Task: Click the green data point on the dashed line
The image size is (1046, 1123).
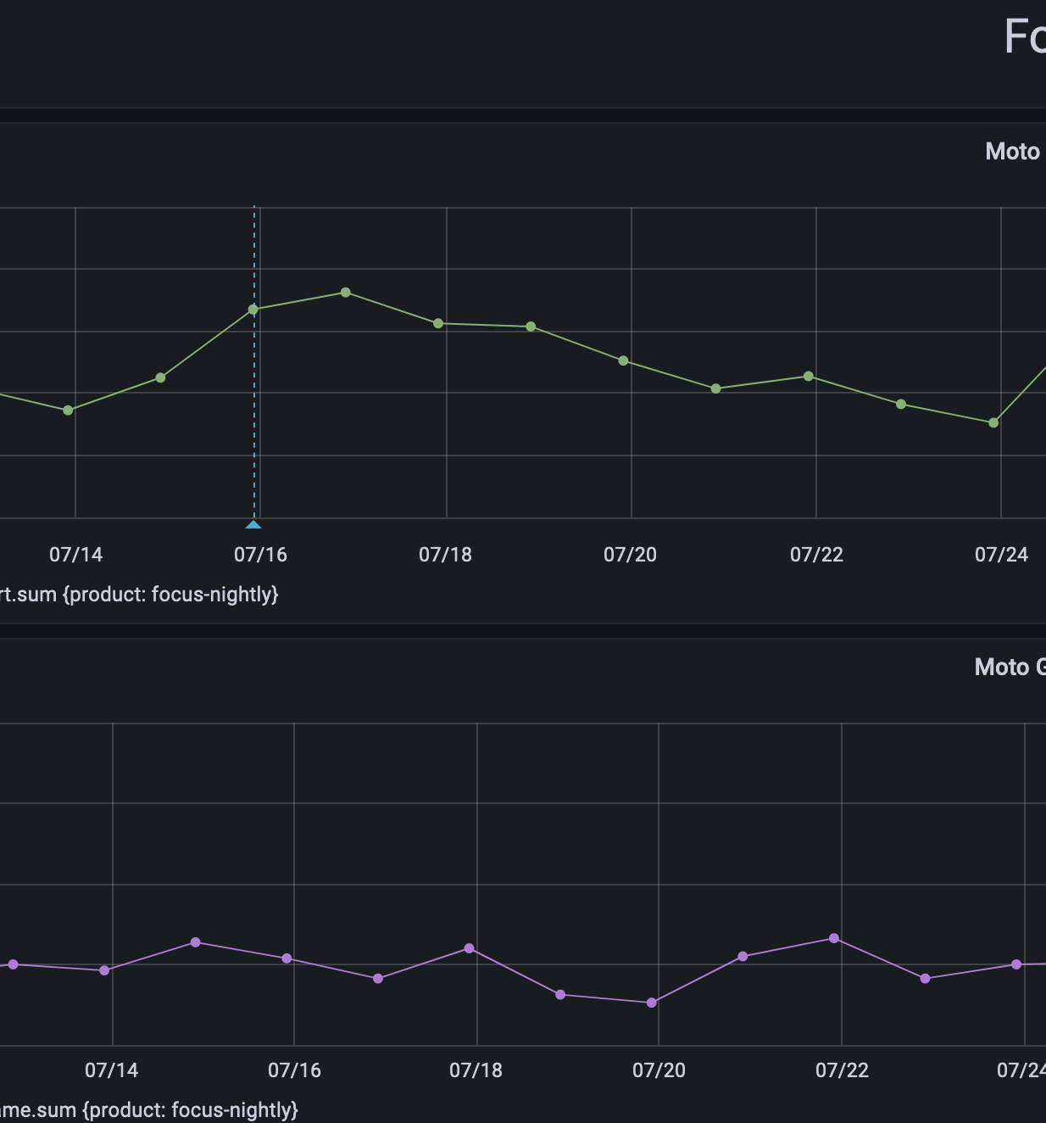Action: click(253, 310)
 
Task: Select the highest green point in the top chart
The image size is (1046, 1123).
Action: click(346, 293)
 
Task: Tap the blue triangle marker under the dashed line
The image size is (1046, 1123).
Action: click(253, 524)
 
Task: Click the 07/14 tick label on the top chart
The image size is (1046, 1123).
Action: click(75, 555)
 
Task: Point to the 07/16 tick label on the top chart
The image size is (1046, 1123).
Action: click(260, 555)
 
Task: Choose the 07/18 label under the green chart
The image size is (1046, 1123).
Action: click(445, 555)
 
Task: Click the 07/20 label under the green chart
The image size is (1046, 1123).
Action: click(630, 555)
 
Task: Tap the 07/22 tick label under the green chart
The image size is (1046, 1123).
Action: click(816, 555)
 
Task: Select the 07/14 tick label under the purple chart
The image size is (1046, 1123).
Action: click(111, 1070)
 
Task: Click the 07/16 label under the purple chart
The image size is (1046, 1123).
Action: click(294, 1070)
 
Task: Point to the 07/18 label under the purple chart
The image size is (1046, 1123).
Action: click(476, 1070)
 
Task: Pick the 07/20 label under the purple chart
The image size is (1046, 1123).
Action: click(659, 1070)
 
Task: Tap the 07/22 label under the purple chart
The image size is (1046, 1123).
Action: click(842, 1070)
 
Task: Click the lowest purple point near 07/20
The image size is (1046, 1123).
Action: click(652, 1003)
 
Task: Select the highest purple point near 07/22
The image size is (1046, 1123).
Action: click(834, 938)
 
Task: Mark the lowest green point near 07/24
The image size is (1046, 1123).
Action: click(993, 422)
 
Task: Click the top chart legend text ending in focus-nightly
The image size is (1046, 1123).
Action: click(139, 595)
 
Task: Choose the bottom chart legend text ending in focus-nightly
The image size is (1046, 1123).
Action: click(148, 1110)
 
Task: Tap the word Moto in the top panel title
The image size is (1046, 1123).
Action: click(1012, 152)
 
